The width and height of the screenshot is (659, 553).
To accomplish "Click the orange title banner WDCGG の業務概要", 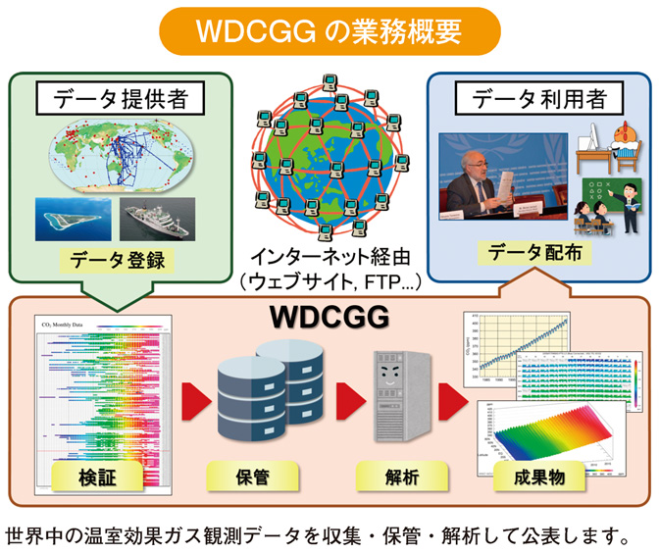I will tap(329, 30).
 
